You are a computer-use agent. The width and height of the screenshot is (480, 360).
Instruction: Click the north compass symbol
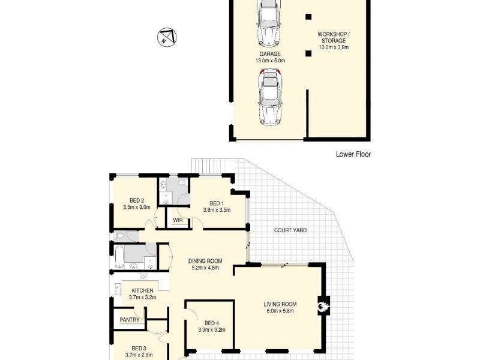coord(166,37)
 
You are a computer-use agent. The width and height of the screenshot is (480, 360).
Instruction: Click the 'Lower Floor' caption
coord(353,154)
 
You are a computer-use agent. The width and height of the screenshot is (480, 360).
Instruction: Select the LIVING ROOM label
coord(280,304)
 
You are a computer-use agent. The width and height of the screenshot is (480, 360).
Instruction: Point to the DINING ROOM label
coord(205,260)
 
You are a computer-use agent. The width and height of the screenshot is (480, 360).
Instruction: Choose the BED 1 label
coord(217,203)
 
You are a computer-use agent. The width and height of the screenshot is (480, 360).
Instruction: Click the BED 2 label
coord(137,200)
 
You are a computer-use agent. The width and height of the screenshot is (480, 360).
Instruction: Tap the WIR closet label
coord(178,221)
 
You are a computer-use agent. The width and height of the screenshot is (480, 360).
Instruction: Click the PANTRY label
coord(130,320)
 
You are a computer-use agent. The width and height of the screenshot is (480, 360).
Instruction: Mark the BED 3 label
coord(139,348)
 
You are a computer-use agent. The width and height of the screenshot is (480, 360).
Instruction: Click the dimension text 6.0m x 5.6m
coord(280,311)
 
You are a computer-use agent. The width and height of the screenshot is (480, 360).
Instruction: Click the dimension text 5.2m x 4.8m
coord(205,268)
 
